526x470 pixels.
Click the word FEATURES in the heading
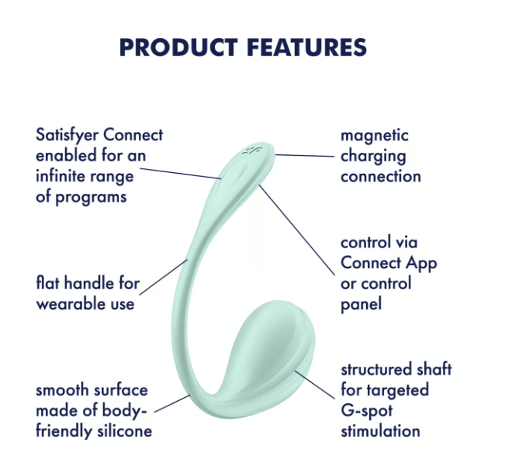click(x=307, y=47)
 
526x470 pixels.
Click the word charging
click(x=373, y=156)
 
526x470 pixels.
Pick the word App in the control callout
click(x=421, y=263)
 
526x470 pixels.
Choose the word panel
click(x=362, y=303)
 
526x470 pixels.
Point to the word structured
click(x=380, y=369)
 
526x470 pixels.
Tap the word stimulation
click(x=380, y=430)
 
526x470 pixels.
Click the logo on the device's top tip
click(x=251, y=150)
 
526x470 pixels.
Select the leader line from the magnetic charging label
click(x=304, y=156)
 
